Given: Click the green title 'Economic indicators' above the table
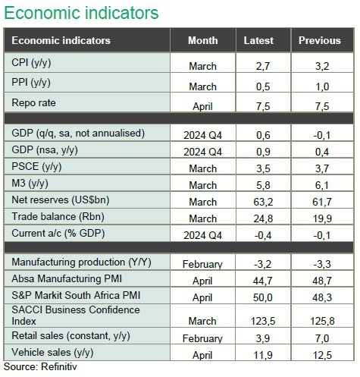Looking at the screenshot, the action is coord(81,13).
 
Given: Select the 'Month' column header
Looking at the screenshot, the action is coord(203,40).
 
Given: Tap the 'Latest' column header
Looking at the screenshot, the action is coord(258,40).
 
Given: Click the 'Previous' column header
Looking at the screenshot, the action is coord(320,40).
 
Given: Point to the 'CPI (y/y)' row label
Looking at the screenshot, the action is coord(31,63).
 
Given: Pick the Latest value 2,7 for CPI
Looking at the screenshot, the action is coord(263,66).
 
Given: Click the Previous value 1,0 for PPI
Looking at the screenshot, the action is coord(322,86).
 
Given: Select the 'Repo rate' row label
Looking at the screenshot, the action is coord(33,103).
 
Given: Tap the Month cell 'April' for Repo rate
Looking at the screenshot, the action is coord(202,106).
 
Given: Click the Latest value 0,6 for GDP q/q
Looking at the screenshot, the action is coord(263,135).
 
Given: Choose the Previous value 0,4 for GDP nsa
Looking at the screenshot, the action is coord(322,152).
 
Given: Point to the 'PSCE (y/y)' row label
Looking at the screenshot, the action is coord(36,167).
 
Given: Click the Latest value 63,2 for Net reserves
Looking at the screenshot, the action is coord(263,202).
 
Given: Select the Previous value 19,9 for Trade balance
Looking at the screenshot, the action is coord(322,218).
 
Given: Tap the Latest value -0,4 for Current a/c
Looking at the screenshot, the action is coord(263,235).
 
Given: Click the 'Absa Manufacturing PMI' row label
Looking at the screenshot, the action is coord(67,279).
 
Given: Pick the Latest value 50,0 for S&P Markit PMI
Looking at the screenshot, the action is coord(263,297).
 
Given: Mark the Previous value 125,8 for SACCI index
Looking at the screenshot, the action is coord(322,322).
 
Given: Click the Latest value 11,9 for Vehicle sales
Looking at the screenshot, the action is coord(263,355).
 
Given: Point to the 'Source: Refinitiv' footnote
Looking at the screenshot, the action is coord(40,367).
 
